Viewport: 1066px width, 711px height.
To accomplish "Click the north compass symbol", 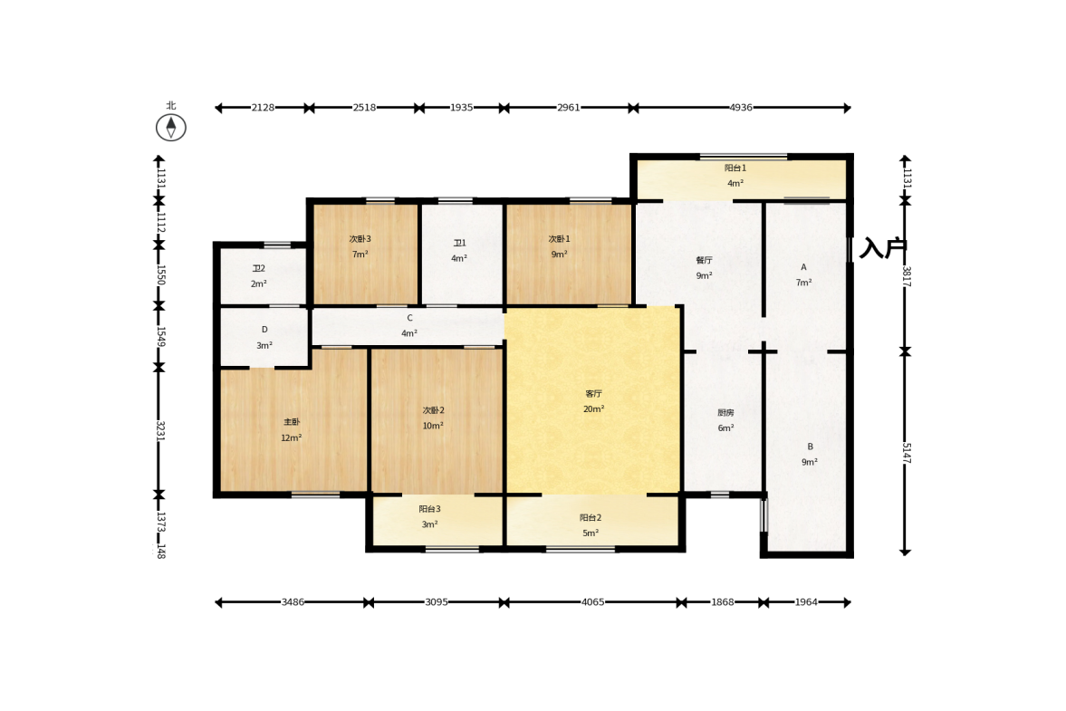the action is pos(170,127).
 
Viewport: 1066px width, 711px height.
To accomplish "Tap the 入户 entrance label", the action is pos(882,248).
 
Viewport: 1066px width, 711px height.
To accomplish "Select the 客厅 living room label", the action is pos(593,394).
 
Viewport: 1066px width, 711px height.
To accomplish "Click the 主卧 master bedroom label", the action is pos(292,422).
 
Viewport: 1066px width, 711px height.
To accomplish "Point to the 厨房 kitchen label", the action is pos(725,413).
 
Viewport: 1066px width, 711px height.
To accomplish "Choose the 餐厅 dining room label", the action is pos(705,260).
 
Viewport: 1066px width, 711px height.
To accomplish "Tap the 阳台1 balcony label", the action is pos(735,168).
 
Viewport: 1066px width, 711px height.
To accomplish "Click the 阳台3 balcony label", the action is pos(429,509).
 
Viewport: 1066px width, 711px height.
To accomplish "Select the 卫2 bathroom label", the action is pos(258,268).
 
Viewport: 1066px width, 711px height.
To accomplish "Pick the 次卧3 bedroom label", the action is pos(360,239).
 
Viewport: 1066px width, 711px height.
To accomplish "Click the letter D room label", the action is pos(264,330).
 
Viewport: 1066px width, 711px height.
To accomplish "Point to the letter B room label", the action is pos(810,447).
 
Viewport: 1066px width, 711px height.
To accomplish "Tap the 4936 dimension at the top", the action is pos(741,108).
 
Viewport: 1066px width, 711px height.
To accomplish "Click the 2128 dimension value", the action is pos(263,108).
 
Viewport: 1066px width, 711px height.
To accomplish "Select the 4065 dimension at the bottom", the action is pos(593,602).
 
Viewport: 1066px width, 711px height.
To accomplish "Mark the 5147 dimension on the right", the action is pos(907,454).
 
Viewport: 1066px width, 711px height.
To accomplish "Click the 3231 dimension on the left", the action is pos(160,431).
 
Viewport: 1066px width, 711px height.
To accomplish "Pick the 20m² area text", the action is pos(593,409).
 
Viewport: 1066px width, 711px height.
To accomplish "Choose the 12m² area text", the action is pos(291,437).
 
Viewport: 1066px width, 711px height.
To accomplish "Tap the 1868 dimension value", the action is pos(723,602).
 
